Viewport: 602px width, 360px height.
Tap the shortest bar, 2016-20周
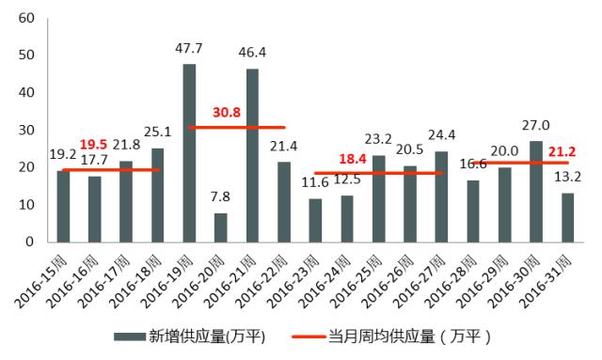click(x=220, y=227)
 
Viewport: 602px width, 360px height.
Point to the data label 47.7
click(x=189, y=46)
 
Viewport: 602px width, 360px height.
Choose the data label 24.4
click(x=441, y=133)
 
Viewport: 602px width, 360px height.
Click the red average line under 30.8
click(x=236, y=127)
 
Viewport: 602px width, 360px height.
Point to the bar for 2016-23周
click(x=315, y=220)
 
